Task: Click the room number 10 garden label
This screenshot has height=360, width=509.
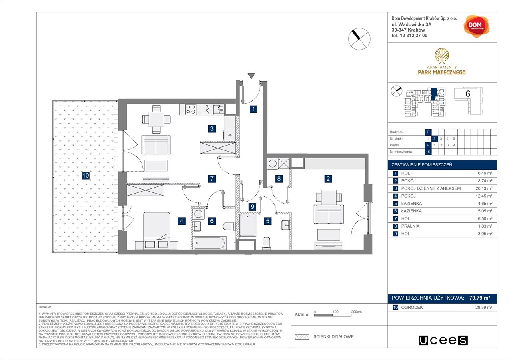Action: click(x=85, y=175)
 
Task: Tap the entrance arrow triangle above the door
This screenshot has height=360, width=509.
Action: click(x=251, y=76)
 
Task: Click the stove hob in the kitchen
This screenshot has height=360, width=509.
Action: click(x=190, y=109)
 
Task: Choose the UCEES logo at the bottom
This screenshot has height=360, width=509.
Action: click(x=443, y=340)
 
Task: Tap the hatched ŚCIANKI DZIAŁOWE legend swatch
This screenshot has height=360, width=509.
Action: click(x=302, y=337)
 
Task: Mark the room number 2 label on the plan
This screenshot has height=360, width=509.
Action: click(x=328, y=179)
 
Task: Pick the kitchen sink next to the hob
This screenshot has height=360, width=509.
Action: click(x=219, y=109)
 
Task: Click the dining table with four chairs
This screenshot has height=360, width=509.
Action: click(x=156, y=119)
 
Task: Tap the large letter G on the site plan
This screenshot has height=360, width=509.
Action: click(x=467, y=94)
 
